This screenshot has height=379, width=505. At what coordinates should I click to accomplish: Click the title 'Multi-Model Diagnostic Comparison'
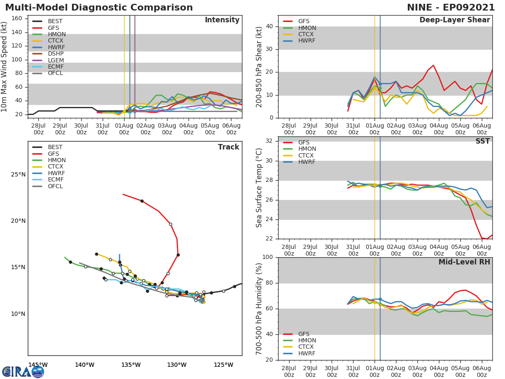click(x=99, y=8)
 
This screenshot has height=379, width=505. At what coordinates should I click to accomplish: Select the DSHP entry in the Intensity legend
click(x=56, y=53)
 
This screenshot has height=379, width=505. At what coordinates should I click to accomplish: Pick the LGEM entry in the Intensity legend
click(x=56, y=60)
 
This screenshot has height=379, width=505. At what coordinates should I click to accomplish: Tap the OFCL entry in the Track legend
click(x=56, y=186)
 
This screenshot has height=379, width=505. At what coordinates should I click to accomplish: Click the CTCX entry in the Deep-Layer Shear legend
click(x=307, y=35)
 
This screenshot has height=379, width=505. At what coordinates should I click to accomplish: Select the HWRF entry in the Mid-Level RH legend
click(x=307, y=353)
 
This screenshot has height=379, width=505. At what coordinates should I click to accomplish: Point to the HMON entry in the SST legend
click(x=307, y=149)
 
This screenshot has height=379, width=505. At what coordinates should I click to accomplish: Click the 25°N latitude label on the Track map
click(x=18, y=175)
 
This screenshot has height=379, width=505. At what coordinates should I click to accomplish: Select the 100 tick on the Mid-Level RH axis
click(x=267, y=257)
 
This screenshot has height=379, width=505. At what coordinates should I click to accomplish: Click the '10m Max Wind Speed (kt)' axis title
click(x=5, y=67)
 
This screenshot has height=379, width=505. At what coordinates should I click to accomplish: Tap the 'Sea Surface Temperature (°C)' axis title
click(x=259, y=188)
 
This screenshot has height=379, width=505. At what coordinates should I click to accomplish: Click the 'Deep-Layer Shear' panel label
click(x=454, y=20)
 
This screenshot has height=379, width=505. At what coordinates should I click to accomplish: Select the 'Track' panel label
click(x=229, y=147)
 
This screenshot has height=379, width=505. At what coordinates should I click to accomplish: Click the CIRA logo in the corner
click(x=23, y=371)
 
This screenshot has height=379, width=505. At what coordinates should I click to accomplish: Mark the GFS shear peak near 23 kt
click(x=433, y=65)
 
